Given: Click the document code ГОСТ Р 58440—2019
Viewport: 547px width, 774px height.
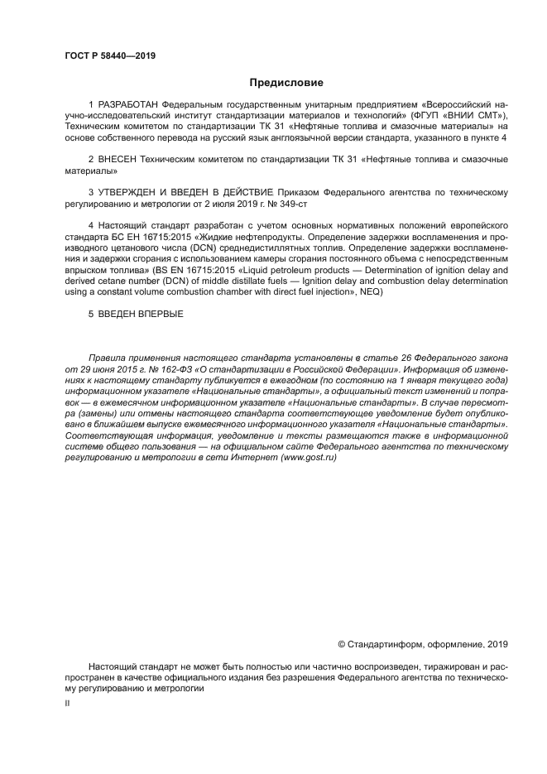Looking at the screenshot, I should (109, 55).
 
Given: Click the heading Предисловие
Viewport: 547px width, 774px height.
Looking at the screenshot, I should (287, 82).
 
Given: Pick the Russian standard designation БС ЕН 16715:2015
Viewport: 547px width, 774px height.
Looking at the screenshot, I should (146, 236).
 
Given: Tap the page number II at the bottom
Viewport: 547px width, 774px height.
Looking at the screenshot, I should (68, 703).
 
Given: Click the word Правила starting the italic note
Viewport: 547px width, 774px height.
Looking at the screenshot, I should (107, 358).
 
